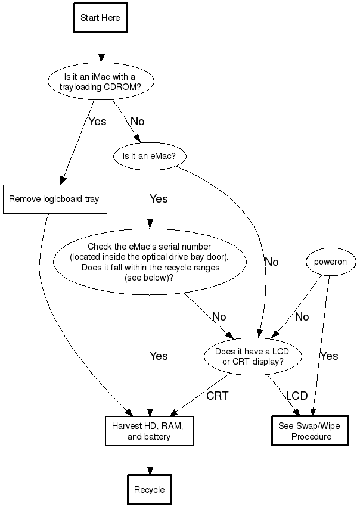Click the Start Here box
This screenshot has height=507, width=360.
click(x=100, y=18)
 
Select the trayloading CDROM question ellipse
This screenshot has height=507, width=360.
click(x=100, y=81)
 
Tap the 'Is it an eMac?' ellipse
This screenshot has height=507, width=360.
click(x=149, y=157)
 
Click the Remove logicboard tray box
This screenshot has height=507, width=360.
click(x=54, y=200)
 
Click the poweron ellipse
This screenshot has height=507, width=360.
click(x=330, y=262)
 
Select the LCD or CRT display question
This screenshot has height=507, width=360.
click(x=253, y=356)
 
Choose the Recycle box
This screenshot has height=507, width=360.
click(x=149, y=490)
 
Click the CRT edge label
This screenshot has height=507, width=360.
click(x=218, y=396)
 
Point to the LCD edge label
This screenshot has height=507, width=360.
click(x=297, y=396)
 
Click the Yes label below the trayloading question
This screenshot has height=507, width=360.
click(x=97, y=122)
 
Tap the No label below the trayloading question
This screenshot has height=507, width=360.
click(x=137, y=122)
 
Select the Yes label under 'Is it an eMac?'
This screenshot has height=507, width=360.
click(x=159, y=199)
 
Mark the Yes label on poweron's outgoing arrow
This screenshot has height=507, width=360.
click(x=329, y=356)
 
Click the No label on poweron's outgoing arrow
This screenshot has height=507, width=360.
click(x=302, y=317)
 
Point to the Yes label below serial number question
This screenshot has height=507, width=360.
click(x=159, y=356)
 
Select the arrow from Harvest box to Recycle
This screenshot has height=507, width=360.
click(x=149, y=459)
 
